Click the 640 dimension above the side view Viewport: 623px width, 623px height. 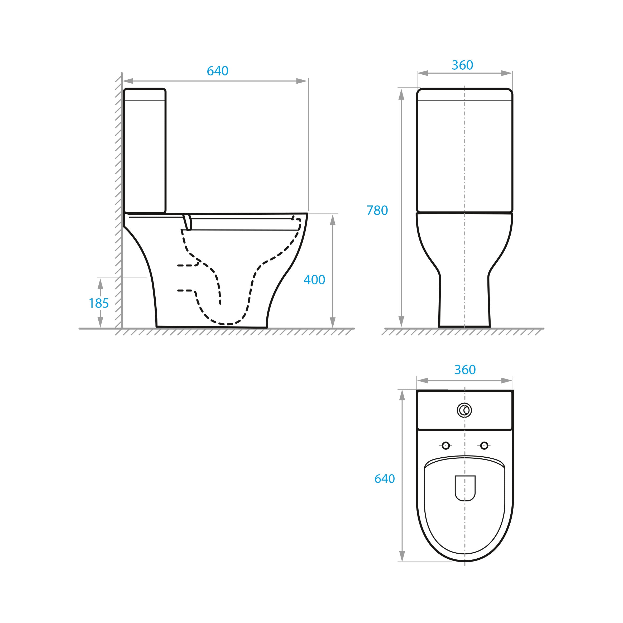pos(217,71)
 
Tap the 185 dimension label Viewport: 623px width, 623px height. pos(99,303)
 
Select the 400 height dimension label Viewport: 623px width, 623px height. pos(314,280)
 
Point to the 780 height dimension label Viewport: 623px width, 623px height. pos(377,210)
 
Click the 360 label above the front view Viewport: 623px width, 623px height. pos(462,65)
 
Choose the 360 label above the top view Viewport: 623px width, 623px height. pos(465,370)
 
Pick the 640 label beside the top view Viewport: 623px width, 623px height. pos(384,479)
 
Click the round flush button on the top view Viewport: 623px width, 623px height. pos(464,410)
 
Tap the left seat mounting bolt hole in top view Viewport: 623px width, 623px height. pos(446,446)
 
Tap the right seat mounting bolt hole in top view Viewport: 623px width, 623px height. pos(484,446)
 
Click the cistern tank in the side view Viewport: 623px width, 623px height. pos(145,151)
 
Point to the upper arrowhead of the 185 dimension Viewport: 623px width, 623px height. pos(100,284)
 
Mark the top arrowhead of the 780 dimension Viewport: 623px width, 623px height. pos(401,94)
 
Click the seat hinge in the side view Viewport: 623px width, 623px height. pos(187,222)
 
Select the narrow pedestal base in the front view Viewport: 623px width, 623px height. pos(464,301)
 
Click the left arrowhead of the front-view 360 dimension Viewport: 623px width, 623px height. pos(423,73)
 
